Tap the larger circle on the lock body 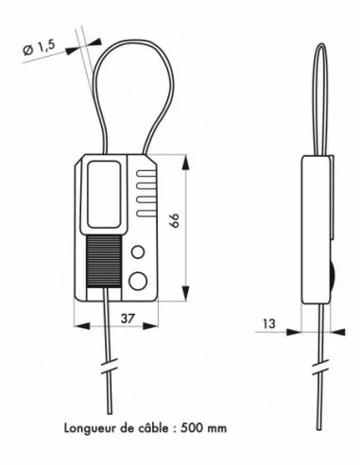[x=138, y=279]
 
